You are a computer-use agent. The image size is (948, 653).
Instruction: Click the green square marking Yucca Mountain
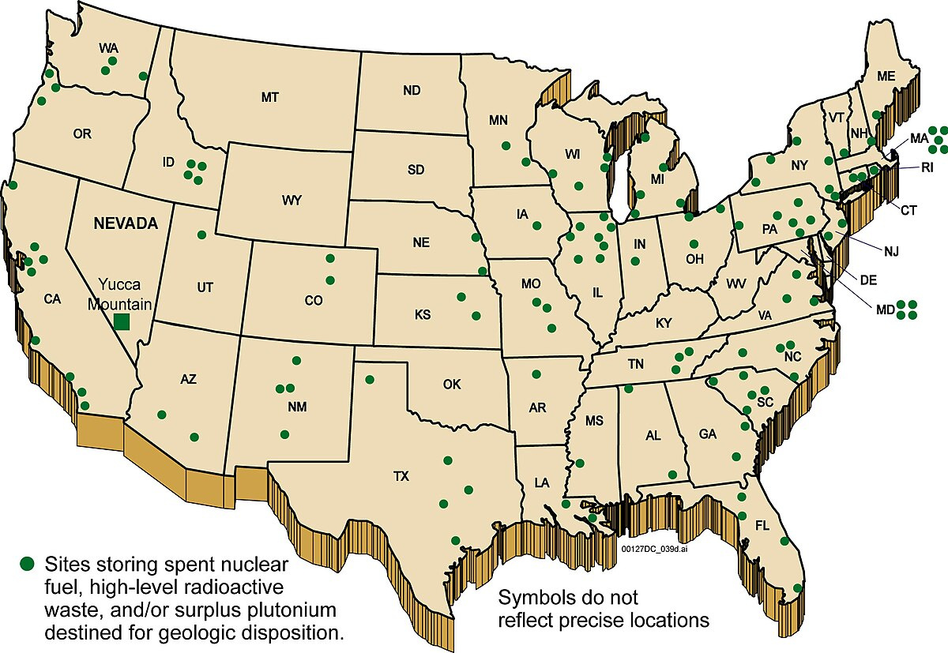[121, 321]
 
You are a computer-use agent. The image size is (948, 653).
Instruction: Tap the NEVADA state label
[126, 223]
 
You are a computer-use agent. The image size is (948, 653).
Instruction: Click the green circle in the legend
[28, 563]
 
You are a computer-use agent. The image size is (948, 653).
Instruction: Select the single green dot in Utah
[201, 235]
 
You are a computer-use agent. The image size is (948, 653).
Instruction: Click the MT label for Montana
[269, 97]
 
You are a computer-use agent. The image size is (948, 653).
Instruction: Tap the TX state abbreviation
[403, 477]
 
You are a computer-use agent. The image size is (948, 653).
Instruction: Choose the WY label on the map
[291, 200]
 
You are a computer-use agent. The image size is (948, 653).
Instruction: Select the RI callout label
[927, 167]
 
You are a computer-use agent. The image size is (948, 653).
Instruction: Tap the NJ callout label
[891, 252]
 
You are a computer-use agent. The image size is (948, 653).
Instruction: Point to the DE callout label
[869, 280]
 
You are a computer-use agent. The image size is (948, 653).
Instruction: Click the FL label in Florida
[762, 524]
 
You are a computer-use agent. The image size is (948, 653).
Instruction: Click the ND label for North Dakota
[411, 91]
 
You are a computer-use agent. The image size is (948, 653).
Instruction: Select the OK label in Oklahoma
[452, 385]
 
